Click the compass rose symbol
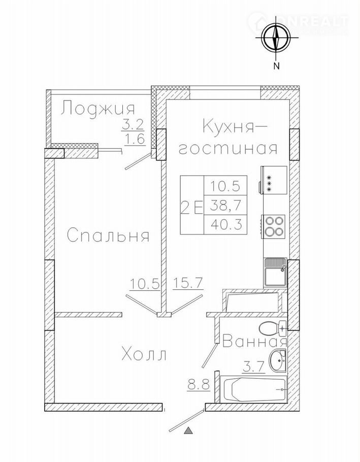pos(276,38)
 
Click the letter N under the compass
pos(276,67)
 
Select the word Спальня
pos(108,236)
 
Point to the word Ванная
pos(255,342)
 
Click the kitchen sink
pos(275,272)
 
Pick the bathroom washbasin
pos(278,360)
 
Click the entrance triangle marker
pos(188,431)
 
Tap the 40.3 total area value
pos(226,225)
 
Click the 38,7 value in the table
pos(225,206)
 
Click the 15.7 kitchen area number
pos(187,283)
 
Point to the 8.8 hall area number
pos(198,384)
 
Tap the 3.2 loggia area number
pos(133,125)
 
